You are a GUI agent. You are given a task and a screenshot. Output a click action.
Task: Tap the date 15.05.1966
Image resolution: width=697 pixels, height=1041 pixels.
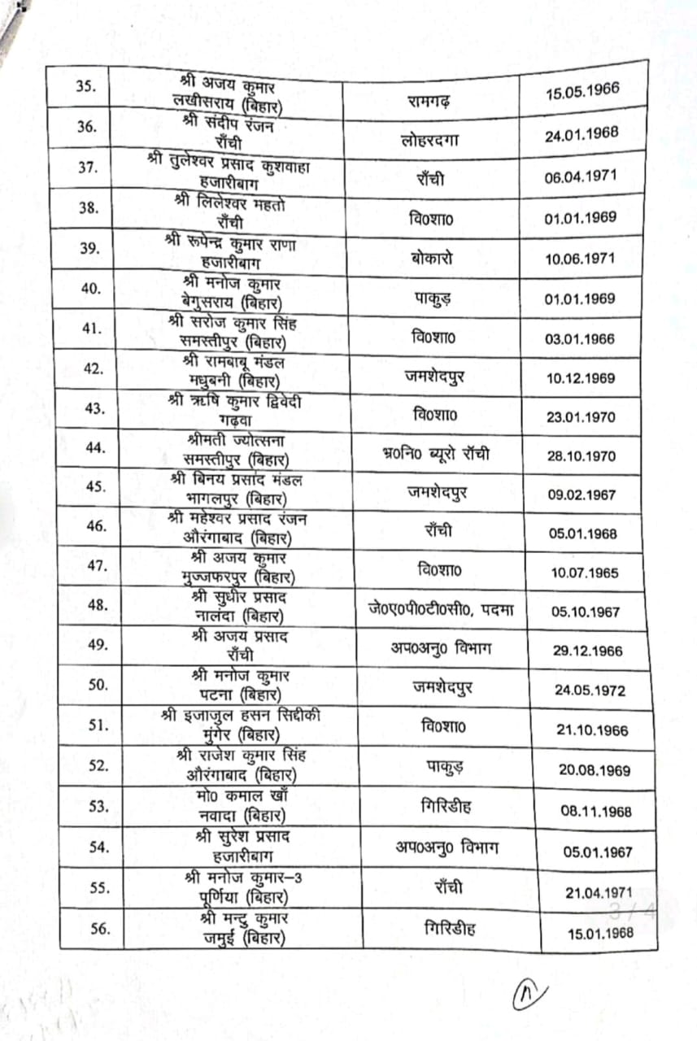click(x=582, y=89)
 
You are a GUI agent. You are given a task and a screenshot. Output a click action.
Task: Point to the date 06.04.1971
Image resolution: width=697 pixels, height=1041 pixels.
click(x=580, y=175)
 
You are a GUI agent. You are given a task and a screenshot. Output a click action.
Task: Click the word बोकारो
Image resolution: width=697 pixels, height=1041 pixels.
click(x=432, y=258)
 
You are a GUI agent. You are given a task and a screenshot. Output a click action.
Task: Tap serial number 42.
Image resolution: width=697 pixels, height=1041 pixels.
click(x=94, y=368)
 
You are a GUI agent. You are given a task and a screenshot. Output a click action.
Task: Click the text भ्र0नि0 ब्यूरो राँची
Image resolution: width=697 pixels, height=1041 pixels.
click(x=436, y=454)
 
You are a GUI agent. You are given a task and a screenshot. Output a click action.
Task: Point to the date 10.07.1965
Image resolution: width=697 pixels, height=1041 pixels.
click(x=584, y=573)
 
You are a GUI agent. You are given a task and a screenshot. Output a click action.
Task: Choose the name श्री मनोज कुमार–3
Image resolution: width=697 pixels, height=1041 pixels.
click(x=235, y=877)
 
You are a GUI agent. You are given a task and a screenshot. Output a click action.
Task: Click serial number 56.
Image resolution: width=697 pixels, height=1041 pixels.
click(x=99, y=928)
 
